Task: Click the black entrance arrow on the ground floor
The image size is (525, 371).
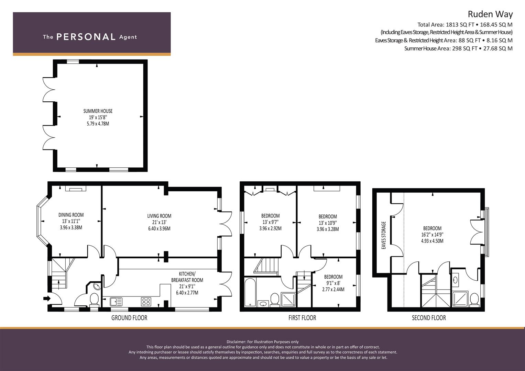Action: click(x=47, y=299)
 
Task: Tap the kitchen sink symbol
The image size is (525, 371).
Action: click(x=116, y=302)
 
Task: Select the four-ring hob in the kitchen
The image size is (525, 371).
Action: click(x=146, y=302)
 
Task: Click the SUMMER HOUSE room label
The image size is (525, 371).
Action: click(x=98, y=111)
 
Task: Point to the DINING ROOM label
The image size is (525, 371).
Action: click(x=71, y=215)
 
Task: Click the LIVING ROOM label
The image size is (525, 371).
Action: click(x=160, y=216)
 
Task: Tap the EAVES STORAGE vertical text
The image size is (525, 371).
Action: click(x=384, y=235)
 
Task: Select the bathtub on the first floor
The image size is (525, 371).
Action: click(x=250, y=292)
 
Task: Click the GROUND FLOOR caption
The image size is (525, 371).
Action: click(x=129, y=318)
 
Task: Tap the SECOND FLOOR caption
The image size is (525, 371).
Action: click(x=429, y=318)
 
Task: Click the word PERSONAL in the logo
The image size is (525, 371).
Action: click(x=86, y=37)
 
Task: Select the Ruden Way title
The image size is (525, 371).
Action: click(x=490, y=14)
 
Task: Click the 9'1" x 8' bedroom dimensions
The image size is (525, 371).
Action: click(x=333, y=283)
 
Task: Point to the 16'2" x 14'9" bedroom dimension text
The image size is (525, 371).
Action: click(x=433, y=234)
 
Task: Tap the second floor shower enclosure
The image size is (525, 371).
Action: click(x=460, y=299)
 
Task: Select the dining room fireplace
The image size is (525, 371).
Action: click(x=76, y=188)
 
